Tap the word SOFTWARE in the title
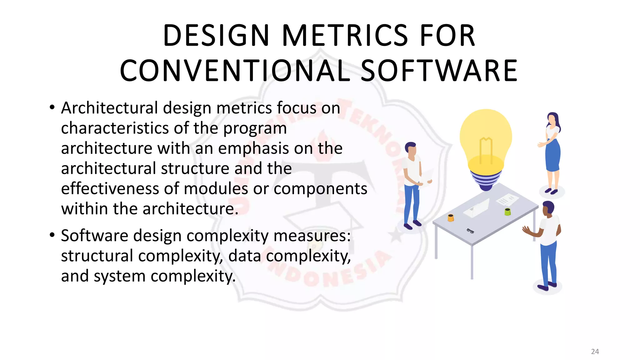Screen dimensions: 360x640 pyautogui.click(x=439, y=71)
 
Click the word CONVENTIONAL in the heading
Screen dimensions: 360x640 pyautogui.click(x=235, y=71)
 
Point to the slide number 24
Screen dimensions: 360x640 pyautogui.click(x=595, y=352)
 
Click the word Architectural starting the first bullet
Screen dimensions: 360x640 pyautogui.click(x=109, y=108)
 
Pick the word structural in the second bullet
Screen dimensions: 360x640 pyautogui.click(x=97, y=256)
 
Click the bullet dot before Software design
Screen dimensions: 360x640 pyautogui.click(x=52, y=235)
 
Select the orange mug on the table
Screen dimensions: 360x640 pyautogui.click(x=451, y=218)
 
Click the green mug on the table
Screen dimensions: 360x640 pyautogui.click(x=507, y=212)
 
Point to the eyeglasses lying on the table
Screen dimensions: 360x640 pyautogui.click(x=470, y=231)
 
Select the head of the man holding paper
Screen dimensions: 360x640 pyautogui.click(x=411, y=149)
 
